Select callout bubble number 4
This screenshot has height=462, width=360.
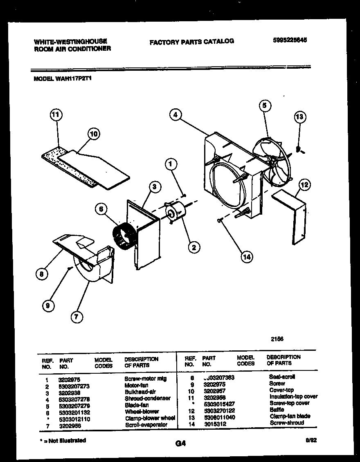[175, 115]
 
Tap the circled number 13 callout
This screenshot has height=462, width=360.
[300, 117]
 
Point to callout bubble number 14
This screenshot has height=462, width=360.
[246, 257]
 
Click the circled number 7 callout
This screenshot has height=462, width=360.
[76, 316]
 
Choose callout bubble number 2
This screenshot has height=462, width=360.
[193, 247]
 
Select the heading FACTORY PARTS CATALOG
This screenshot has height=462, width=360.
[192, 41]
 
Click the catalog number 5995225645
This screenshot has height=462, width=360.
[290, 40]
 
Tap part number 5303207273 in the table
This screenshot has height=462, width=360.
[74, 386]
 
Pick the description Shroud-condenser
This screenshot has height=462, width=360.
[147, 398]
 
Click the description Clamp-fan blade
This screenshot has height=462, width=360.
[290, 416]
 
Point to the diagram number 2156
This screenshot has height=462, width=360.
[277, 339]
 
